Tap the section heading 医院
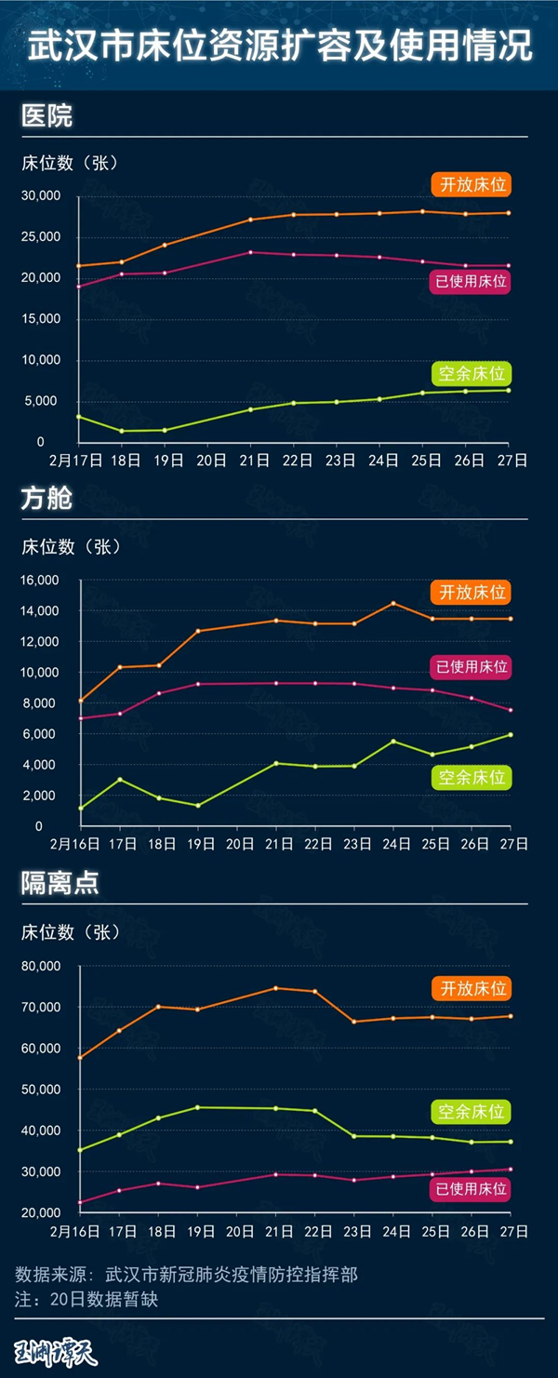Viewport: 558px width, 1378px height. click(x=46, y=117)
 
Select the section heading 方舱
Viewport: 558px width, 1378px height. click(x=46, y=500)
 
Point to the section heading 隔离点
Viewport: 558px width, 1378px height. click(x=60, y=885)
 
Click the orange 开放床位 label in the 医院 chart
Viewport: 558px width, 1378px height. click(x=472, y=184)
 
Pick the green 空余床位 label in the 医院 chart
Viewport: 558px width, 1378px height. click(x=472, y=374)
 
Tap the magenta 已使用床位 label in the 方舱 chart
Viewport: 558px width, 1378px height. click(x=472, y=666)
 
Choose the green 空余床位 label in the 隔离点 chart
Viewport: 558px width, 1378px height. click(x=472, y=1111)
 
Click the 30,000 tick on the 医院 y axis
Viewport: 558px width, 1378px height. click(x=41, y=196)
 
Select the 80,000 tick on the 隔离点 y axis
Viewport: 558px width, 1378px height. click(x=41, y=967)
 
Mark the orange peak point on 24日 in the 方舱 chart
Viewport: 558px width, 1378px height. click(x=393, y=603)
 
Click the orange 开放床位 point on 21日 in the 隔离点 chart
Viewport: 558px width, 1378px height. click(x=275, y=988)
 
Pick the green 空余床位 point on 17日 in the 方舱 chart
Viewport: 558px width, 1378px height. click(x=119, y=779)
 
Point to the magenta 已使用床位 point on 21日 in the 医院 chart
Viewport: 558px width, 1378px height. click(x=251, y=252)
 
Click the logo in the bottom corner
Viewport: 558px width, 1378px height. click(x=56, y=1351)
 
